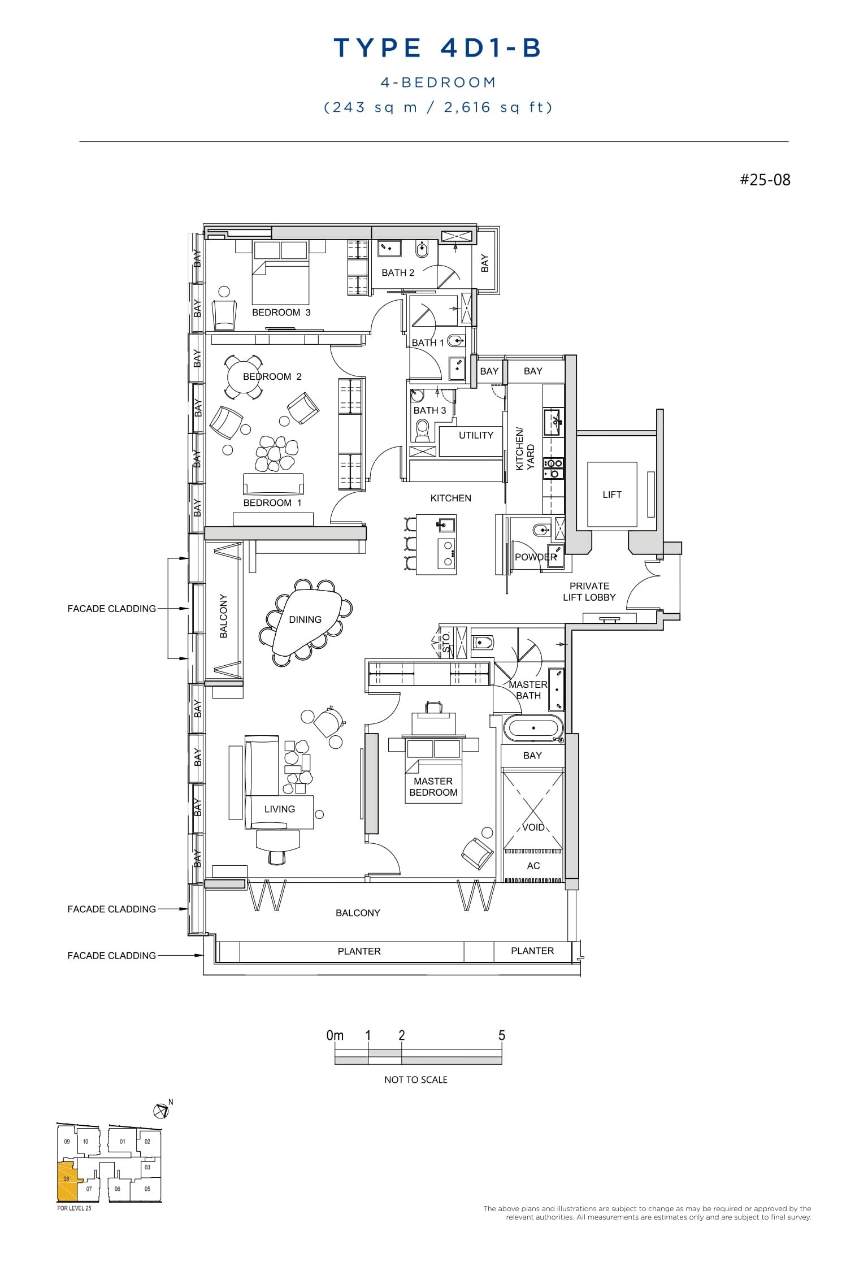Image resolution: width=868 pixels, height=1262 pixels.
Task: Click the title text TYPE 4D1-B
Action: coord(437,48)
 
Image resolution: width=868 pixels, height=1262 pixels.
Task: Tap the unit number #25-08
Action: coord(765,180)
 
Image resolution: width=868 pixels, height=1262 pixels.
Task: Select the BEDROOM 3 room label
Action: coord(281,313)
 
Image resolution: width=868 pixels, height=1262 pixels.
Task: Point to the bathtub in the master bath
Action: coord(533,728)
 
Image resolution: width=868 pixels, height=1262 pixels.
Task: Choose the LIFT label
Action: coord(611,495)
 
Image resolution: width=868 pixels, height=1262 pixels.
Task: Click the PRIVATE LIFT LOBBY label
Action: coord(589,592)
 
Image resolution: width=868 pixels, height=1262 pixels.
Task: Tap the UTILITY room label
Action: coord(476,435)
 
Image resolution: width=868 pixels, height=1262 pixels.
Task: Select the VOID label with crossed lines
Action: coord(533,827)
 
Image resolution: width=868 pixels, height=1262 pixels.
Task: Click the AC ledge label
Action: coord(533,866)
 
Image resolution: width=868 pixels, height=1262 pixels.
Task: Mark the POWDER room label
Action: coord(535,557)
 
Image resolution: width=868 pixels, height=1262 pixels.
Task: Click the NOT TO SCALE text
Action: coord(415,1080)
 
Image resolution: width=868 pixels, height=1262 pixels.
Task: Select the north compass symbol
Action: coord(162,1111)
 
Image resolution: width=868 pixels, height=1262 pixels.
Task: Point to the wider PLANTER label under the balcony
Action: coord(359,951)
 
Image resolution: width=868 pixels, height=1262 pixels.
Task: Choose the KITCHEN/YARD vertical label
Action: coord(524,449)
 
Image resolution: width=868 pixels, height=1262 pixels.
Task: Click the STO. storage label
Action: coord(446,643)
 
